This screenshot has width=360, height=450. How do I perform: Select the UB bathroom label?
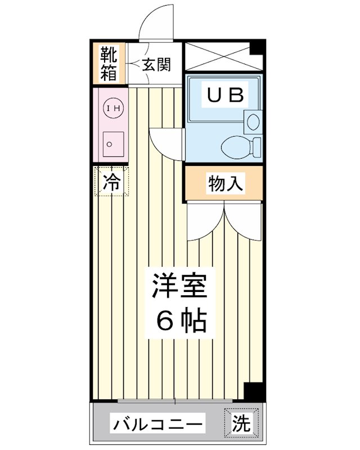(x=224, y=95)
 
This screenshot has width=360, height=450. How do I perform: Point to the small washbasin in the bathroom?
(x=251, y=120)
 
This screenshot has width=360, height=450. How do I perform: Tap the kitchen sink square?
(x=111, y=143)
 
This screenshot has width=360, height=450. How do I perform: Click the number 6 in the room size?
(x=164, y=321)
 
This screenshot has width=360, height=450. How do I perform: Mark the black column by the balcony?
(x=254, y=391)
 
